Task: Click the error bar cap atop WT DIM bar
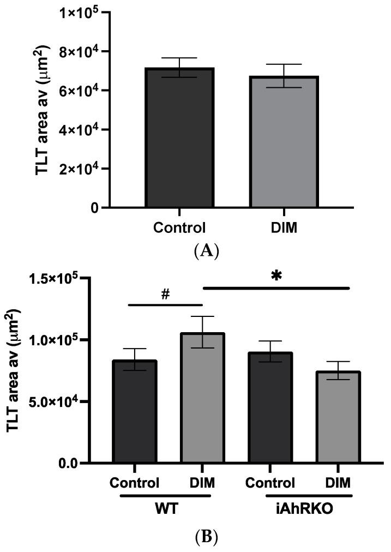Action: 202,316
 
